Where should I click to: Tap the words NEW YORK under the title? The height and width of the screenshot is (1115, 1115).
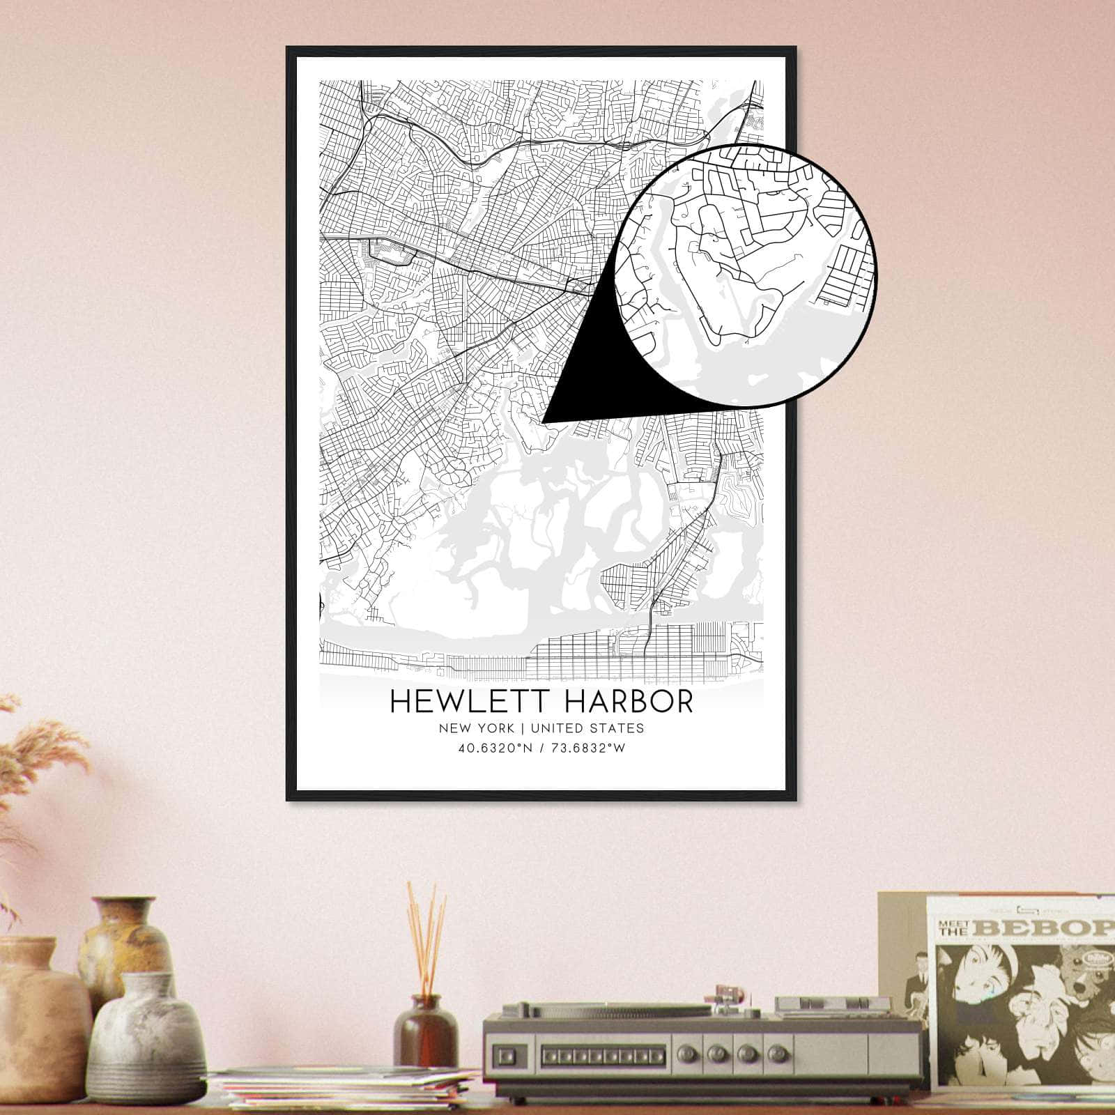477,728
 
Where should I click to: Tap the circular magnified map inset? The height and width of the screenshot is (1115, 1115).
746,275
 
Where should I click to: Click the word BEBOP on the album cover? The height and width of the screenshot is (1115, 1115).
1052,928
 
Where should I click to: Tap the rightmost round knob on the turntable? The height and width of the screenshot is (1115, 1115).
772,1054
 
